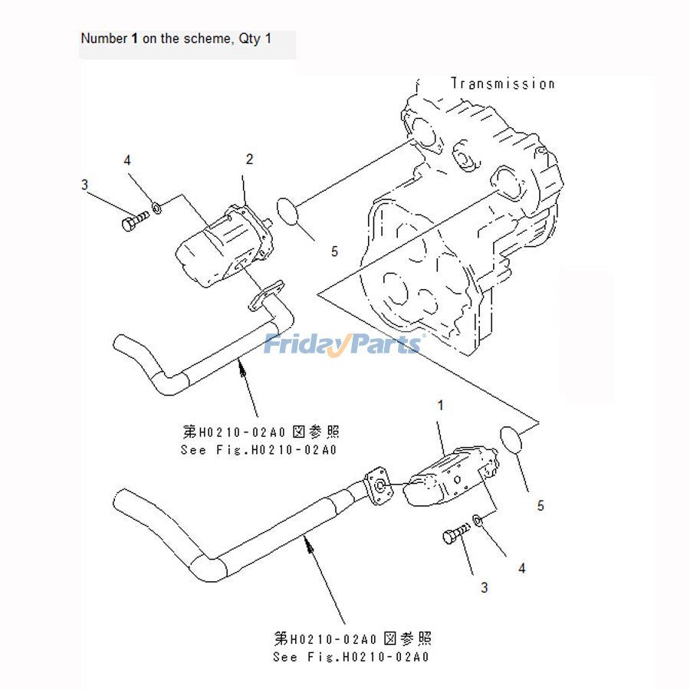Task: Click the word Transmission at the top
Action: [502, 84]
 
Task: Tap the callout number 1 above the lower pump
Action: [441, 404]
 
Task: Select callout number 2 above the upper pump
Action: [249, 159]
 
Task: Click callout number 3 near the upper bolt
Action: [84, 184]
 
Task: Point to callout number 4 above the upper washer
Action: [127, 160]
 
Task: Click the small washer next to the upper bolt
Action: [156, 206]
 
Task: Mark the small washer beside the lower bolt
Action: [477, 521]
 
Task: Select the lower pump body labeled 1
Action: [449, 479]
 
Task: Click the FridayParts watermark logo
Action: [343, 344]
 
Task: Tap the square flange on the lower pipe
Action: [379, 486]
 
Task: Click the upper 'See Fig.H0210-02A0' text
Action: [258, 450]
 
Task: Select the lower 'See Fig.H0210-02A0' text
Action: [351, 657]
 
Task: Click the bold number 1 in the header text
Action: [135, 38]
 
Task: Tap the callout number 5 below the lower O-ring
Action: [540, 505]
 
